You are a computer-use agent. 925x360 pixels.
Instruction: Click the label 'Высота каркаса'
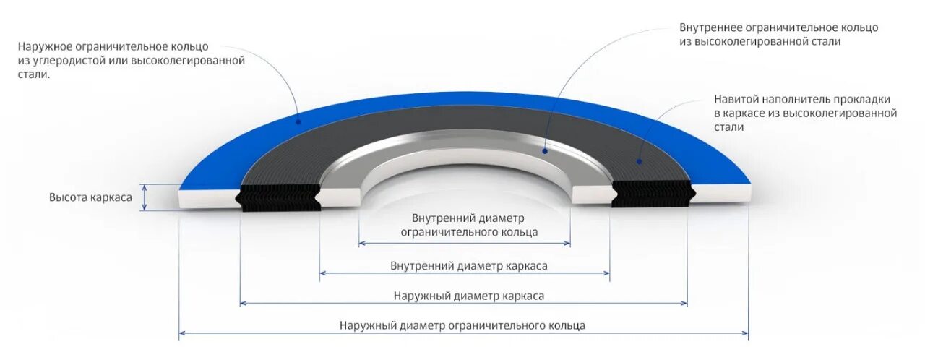click(x=90, y=197)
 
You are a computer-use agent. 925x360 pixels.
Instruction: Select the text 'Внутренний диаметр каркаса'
click(x=468, y=266)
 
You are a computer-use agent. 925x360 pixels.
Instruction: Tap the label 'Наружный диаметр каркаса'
click(x=468, y=296)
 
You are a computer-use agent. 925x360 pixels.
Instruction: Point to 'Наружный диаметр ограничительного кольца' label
click(x=462, y=326)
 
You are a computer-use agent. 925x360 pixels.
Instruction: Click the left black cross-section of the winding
click(x=280, y=197)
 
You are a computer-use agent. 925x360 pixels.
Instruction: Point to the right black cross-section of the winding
click(x=652, y=194)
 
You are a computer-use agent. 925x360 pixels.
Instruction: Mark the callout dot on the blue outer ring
click(x=297, y=122)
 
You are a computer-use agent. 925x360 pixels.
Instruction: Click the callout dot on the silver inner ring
click(x=545, y=150)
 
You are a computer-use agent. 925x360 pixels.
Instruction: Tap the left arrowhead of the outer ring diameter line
click(x=181, y=333)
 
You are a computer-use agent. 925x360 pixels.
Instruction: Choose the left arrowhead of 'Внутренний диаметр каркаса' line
click(x=322, y=273)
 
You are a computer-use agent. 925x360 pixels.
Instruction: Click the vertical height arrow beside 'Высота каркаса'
click(x=145, y=197)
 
